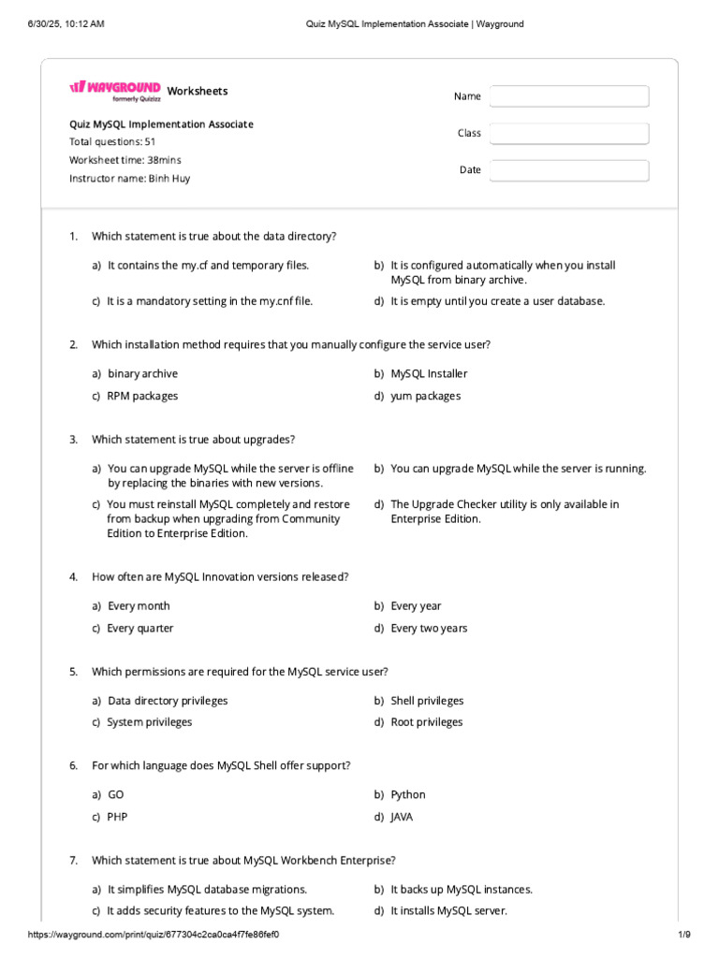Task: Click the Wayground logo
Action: coord(114,89)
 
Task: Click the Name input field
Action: coord(568,96)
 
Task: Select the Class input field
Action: coord(568,134)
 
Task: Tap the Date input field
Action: coord(568,170)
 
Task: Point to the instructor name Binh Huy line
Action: coord(129,178)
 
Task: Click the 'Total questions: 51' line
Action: coord(112,142)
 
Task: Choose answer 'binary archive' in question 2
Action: coord(142,374)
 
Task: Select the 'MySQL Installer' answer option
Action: coord(429,374)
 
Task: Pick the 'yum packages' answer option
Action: coord(425,396)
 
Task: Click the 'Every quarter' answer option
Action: coord(139,629)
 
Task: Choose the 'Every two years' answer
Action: coord(428,629)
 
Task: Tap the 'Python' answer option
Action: coord(407,795)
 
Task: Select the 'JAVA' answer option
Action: coord(402,817)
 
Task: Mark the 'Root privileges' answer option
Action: coord(426,722)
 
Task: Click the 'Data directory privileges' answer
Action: coord(168,701)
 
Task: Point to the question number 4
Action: coord(73,577)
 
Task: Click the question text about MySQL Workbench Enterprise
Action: coord(243,860)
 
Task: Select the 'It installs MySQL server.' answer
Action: coord(448,911)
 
